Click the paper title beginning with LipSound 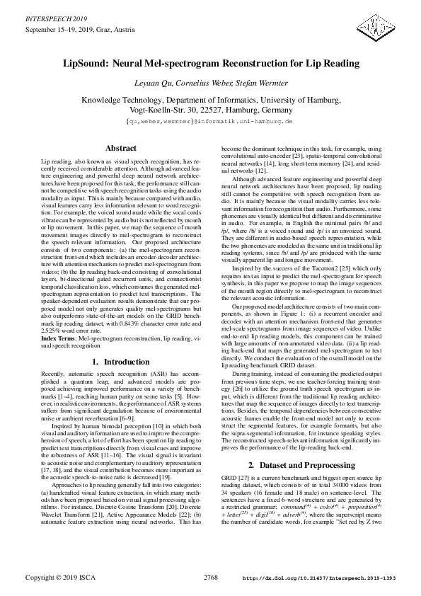click(210, 64)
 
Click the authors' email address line click(210, 122)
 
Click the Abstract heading click(120, 149)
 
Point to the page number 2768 click(211, 578)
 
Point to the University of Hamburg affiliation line click(210, 101)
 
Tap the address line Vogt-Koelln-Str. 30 click(210, 110)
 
